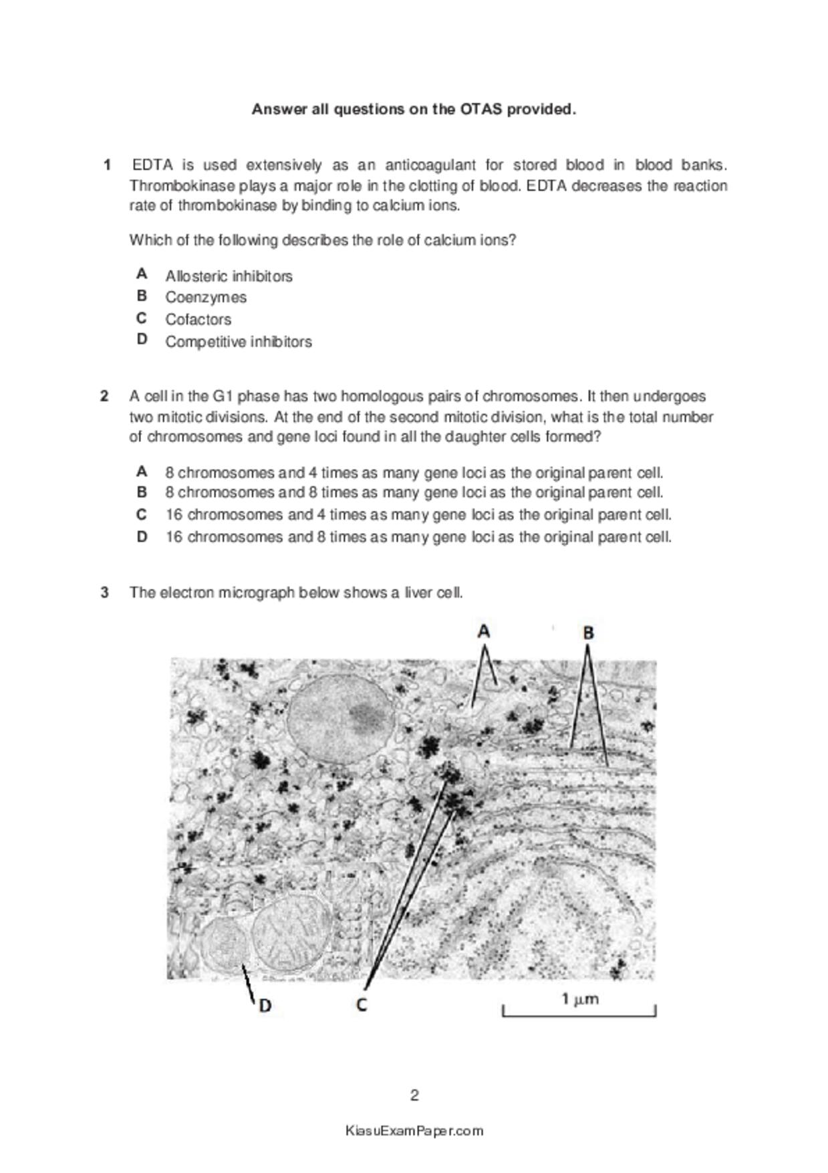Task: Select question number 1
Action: (107, 165)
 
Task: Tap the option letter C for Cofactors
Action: (142, 318)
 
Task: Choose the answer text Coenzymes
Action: (206, 297)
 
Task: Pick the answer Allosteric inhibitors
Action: (229, 276)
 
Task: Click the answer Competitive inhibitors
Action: (239, 341)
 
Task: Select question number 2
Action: (105, 396)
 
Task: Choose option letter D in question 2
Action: (142, 536)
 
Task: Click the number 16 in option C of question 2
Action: (174, 514)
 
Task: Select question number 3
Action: (105, 592)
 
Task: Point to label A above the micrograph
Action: (484, 631)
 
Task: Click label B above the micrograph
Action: (588, 632)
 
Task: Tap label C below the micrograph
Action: (362, 1004)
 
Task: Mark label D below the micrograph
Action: (265, 1005)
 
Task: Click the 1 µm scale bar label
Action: (579, 999)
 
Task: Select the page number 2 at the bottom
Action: (414, 1095)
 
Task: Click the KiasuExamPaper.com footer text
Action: (414, 1131)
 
